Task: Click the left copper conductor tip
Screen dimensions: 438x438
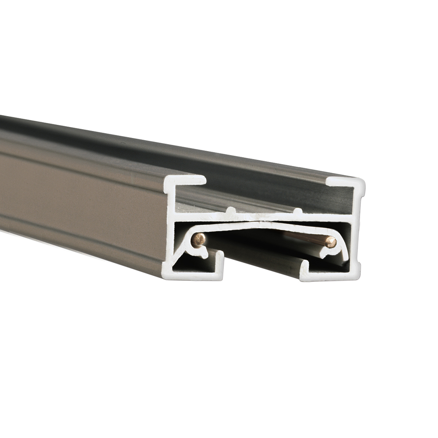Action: point(199,239)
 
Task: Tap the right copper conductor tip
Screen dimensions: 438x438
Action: point(331,242)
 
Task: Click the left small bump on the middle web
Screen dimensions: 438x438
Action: point(232,211)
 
